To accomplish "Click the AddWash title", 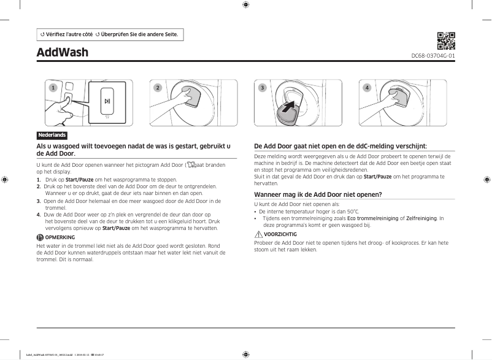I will pos(63,52).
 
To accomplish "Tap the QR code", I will pos(445,40).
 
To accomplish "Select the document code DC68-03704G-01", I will pos(432,56).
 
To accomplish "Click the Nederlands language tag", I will pos(52,135).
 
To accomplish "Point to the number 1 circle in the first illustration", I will pos(53,88).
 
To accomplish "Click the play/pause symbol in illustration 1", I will pos(107,101).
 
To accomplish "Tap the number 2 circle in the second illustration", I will pos(158,88).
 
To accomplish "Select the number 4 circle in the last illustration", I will pos(367,88).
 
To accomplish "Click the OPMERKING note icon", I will pos(40,237).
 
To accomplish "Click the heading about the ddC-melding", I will pos(340,146).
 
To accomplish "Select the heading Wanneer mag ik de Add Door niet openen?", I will pos(318,194).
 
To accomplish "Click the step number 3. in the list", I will pos(39,201).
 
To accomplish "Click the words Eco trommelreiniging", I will pos(372,218).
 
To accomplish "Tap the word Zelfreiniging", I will pos(421,218).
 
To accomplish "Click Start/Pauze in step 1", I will pos(79,179).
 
